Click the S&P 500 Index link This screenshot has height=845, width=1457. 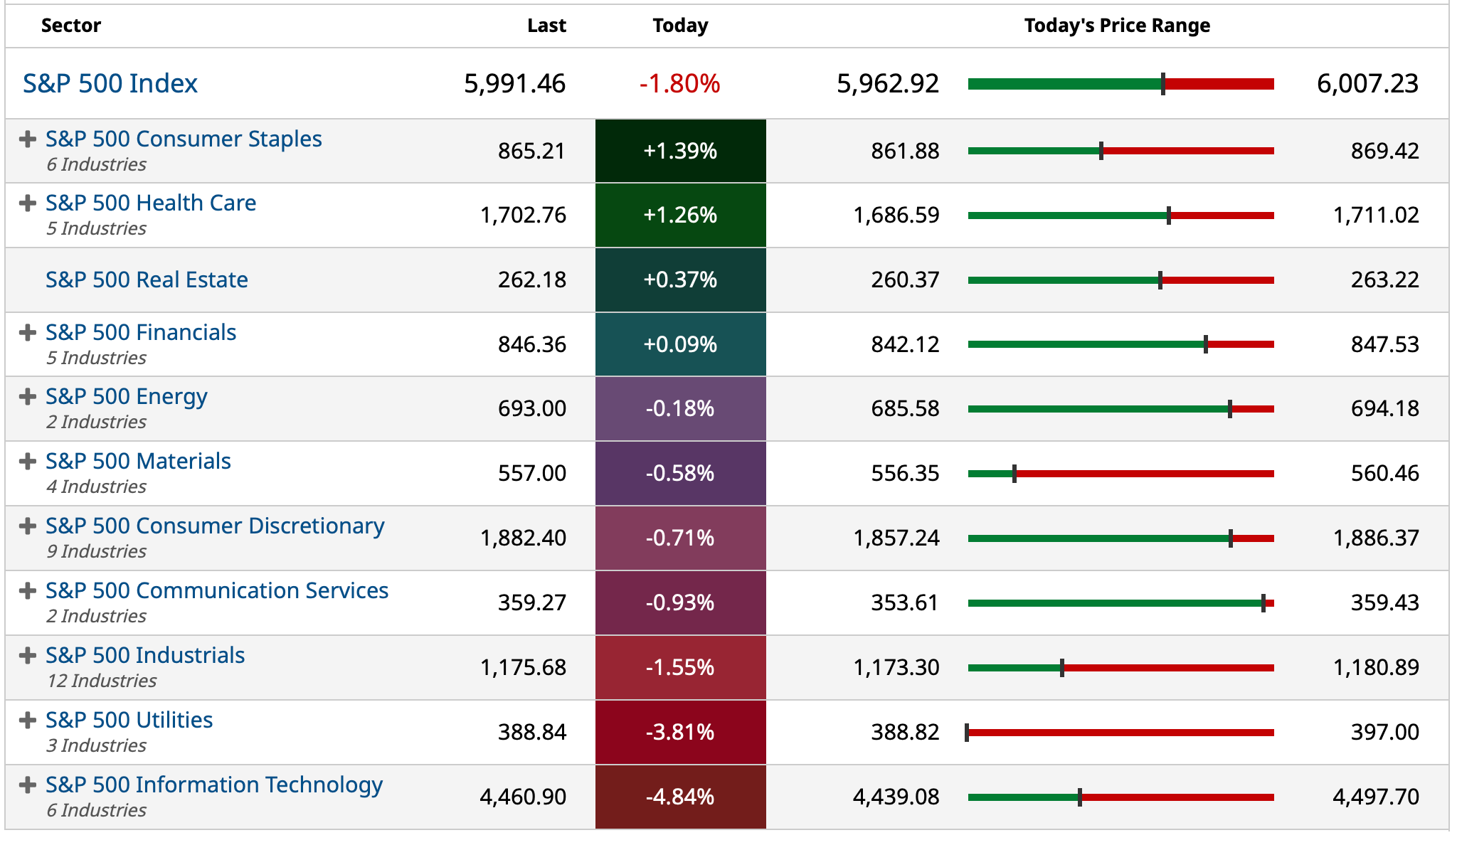tap(110, 84)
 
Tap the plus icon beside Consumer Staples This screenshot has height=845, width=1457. tap(28, 139)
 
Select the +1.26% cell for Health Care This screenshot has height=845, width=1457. tap(680, 215)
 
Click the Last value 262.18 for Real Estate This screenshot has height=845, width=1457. tap(531, 280)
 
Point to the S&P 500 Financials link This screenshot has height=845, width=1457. tap(141, 332)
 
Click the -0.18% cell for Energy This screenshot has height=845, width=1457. tap(680, 408)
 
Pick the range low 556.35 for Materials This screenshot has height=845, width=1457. tap(905, 473)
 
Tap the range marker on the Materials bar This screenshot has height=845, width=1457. tap(1014, 474)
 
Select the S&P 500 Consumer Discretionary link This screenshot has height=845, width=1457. tap(215, 526)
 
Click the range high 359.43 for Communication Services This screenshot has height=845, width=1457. tap(1384, 602)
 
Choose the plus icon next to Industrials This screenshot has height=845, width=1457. tap(28, 655)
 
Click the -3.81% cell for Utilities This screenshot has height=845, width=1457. tap(680, 732)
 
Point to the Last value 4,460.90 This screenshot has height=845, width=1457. tap(523, 797)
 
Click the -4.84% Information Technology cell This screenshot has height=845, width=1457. tap(680, 797)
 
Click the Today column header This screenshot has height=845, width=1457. tap(680, 26)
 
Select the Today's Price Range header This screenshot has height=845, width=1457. tap(1117, 26)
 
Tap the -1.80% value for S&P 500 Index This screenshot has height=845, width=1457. tap(679, 84)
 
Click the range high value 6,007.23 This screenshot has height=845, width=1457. tap(1367, 84)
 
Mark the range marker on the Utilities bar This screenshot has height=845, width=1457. tap(967, 733)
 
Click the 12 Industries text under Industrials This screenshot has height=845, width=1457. tap(102, 681)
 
